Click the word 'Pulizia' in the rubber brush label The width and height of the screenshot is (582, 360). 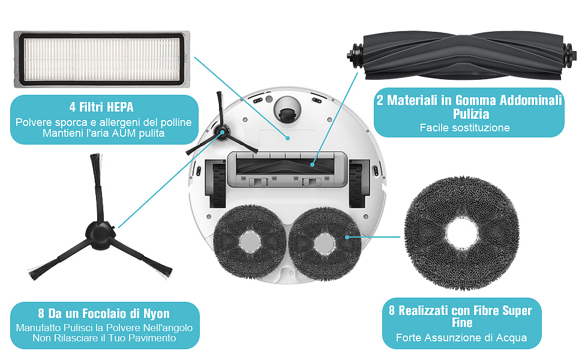tap(469, 114)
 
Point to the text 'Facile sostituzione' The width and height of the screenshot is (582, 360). tap(464, 128)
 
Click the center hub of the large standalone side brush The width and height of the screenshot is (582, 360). tap(97, 230)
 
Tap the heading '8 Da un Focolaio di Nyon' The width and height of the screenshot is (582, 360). tap(104, 313)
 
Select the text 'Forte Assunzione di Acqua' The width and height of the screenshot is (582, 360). tap(461, 338)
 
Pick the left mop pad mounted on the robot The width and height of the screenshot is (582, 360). tap(248, 242)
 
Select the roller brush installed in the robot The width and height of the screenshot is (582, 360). tap(288, 163)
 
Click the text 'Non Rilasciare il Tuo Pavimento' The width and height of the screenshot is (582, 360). tap(104, 338)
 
